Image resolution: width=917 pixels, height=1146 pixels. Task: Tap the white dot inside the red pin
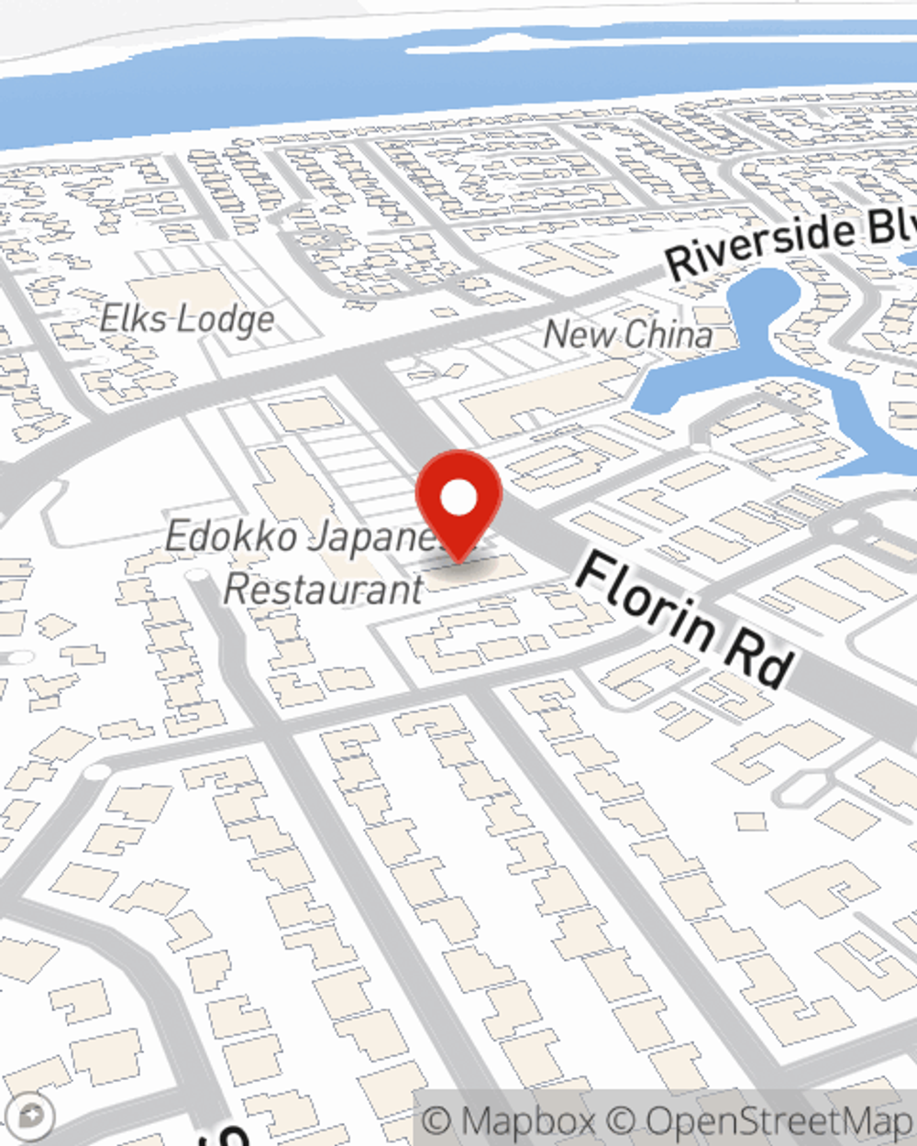click(x=458, y=498)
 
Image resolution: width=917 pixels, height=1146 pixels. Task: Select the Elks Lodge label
click(x=187, y=320)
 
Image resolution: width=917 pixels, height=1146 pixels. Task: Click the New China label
click(x=628, y=335)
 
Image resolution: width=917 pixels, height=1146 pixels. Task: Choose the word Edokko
click(x=231, y=536)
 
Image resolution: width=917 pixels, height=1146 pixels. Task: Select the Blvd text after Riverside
click(x=893, y=225)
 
